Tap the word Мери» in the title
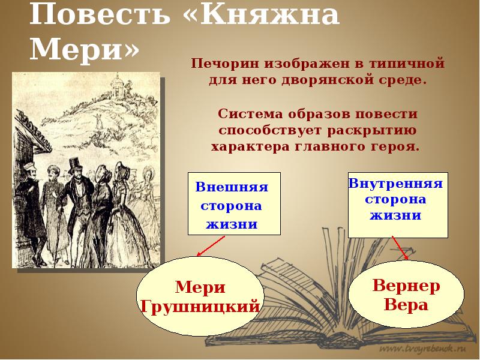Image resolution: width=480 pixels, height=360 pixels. [84, 49]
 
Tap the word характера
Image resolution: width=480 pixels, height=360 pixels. [248, 146]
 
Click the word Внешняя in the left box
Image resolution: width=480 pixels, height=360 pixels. [232, 187]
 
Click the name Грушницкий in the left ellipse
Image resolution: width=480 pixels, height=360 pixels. [200, 307]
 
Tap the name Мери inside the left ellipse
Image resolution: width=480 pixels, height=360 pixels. [200, 287]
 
